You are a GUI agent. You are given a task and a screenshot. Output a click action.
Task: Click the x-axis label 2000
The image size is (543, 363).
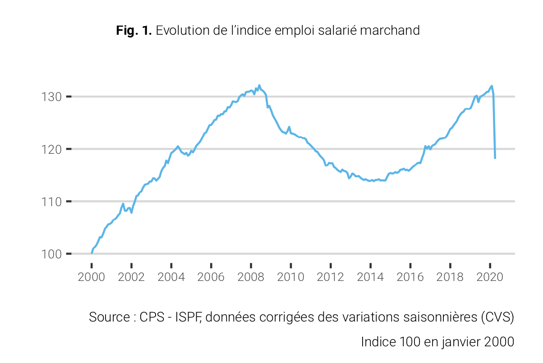[x=92, y=276]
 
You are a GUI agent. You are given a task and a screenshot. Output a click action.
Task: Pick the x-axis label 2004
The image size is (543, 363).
[x=171, y=276]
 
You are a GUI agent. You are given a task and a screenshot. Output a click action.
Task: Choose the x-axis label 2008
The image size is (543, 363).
[x=251, y=276]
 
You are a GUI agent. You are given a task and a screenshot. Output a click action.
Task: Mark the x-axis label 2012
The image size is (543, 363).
[x=331, y=276]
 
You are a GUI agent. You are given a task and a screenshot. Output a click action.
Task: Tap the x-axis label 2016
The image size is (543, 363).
[x=410, y=276]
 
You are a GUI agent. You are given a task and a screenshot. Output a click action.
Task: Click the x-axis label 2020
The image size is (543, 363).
[x=490, y=276]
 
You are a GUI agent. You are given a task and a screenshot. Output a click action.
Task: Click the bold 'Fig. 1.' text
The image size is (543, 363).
[x=134, y=31]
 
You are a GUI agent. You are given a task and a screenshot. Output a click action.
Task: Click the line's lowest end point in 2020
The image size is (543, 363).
[x=495, y=158]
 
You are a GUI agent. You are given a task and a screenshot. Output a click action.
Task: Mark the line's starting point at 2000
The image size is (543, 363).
[x=92, y=253]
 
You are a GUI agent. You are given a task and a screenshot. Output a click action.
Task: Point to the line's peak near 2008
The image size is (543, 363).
[x=259, y=85]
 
